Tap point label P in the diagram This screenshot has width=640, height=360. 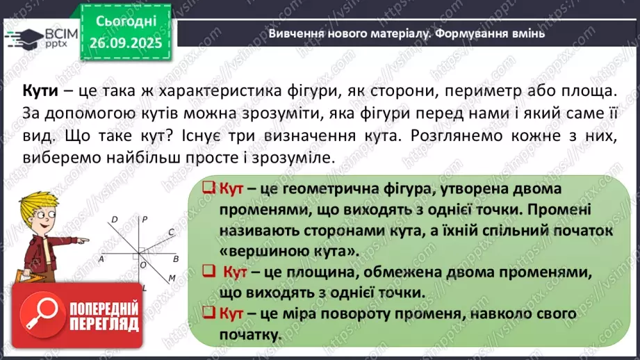[145, 220]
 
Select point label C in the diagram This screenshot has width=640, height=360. [171, 233]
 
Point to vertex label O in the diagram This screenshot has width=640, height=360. [143, 264]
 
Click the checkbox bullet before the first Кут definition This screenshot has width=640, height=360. [206, 188]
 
